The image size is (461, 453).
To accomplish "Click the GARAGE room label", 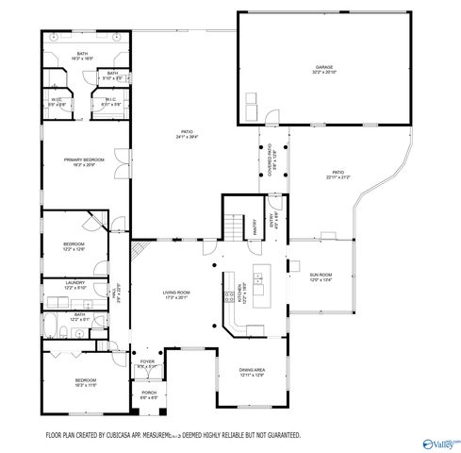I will coord(323,67).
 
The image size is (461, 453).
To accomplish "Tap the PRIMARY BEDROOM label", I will coord(84,159).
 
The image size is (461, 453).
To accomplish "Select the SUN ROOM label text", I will coord(322,275).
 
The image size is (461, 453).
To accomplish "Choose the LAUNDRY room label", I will coord(75,282).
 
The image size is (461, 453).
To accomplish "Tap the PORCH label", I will coord(149,393).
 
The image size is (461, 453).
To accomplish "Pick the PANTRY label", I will coord(255,226).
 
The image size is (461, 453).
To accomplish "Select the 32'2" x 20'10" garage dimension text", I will coord(323,73).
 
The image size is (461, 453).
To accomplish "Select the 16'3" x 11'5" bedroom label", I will coord(85,385).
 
